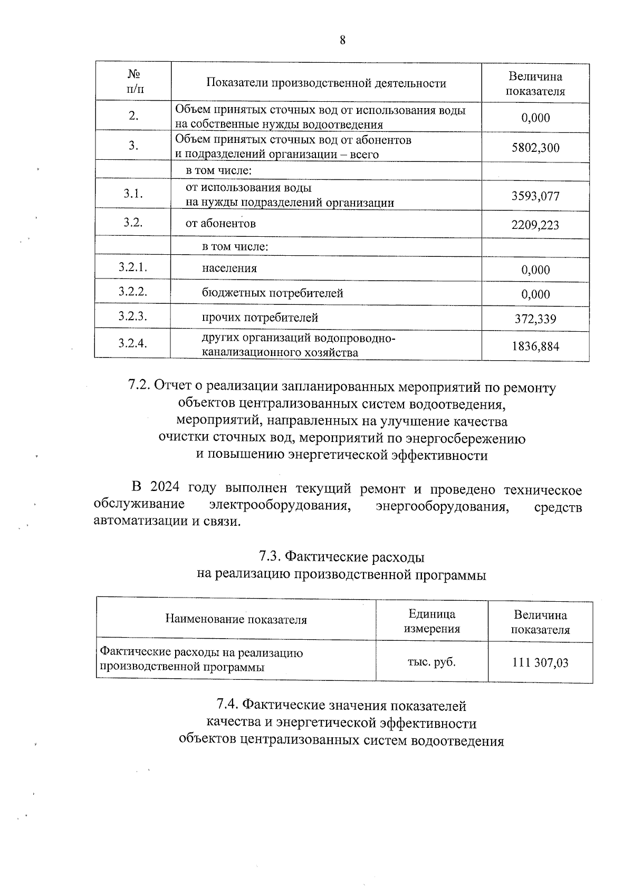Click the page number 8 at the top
[342, 40]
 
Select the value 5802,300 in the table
[535, 148]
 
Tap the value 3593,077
[535, 196]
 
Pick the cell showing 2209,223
[535, 225]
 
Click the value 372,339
[535, 319]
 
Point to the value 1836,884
[535, 347]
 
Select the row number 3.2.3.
[132, 316]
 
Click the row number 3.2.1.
[132, 267]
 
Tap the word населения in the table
[229, 268]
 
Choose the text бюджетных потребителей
[272, 293]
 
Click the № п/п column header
[133, 82]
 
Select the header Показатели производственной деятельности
[326, 83]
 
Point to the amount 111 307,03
[540, 663]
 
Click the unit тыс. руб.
[431, 662]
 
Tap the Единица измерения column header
[431, 621]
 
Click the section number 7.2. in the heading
[140, 387]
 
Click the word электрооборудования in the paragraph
[280, 505]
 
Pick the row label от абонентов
[220, 224]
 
